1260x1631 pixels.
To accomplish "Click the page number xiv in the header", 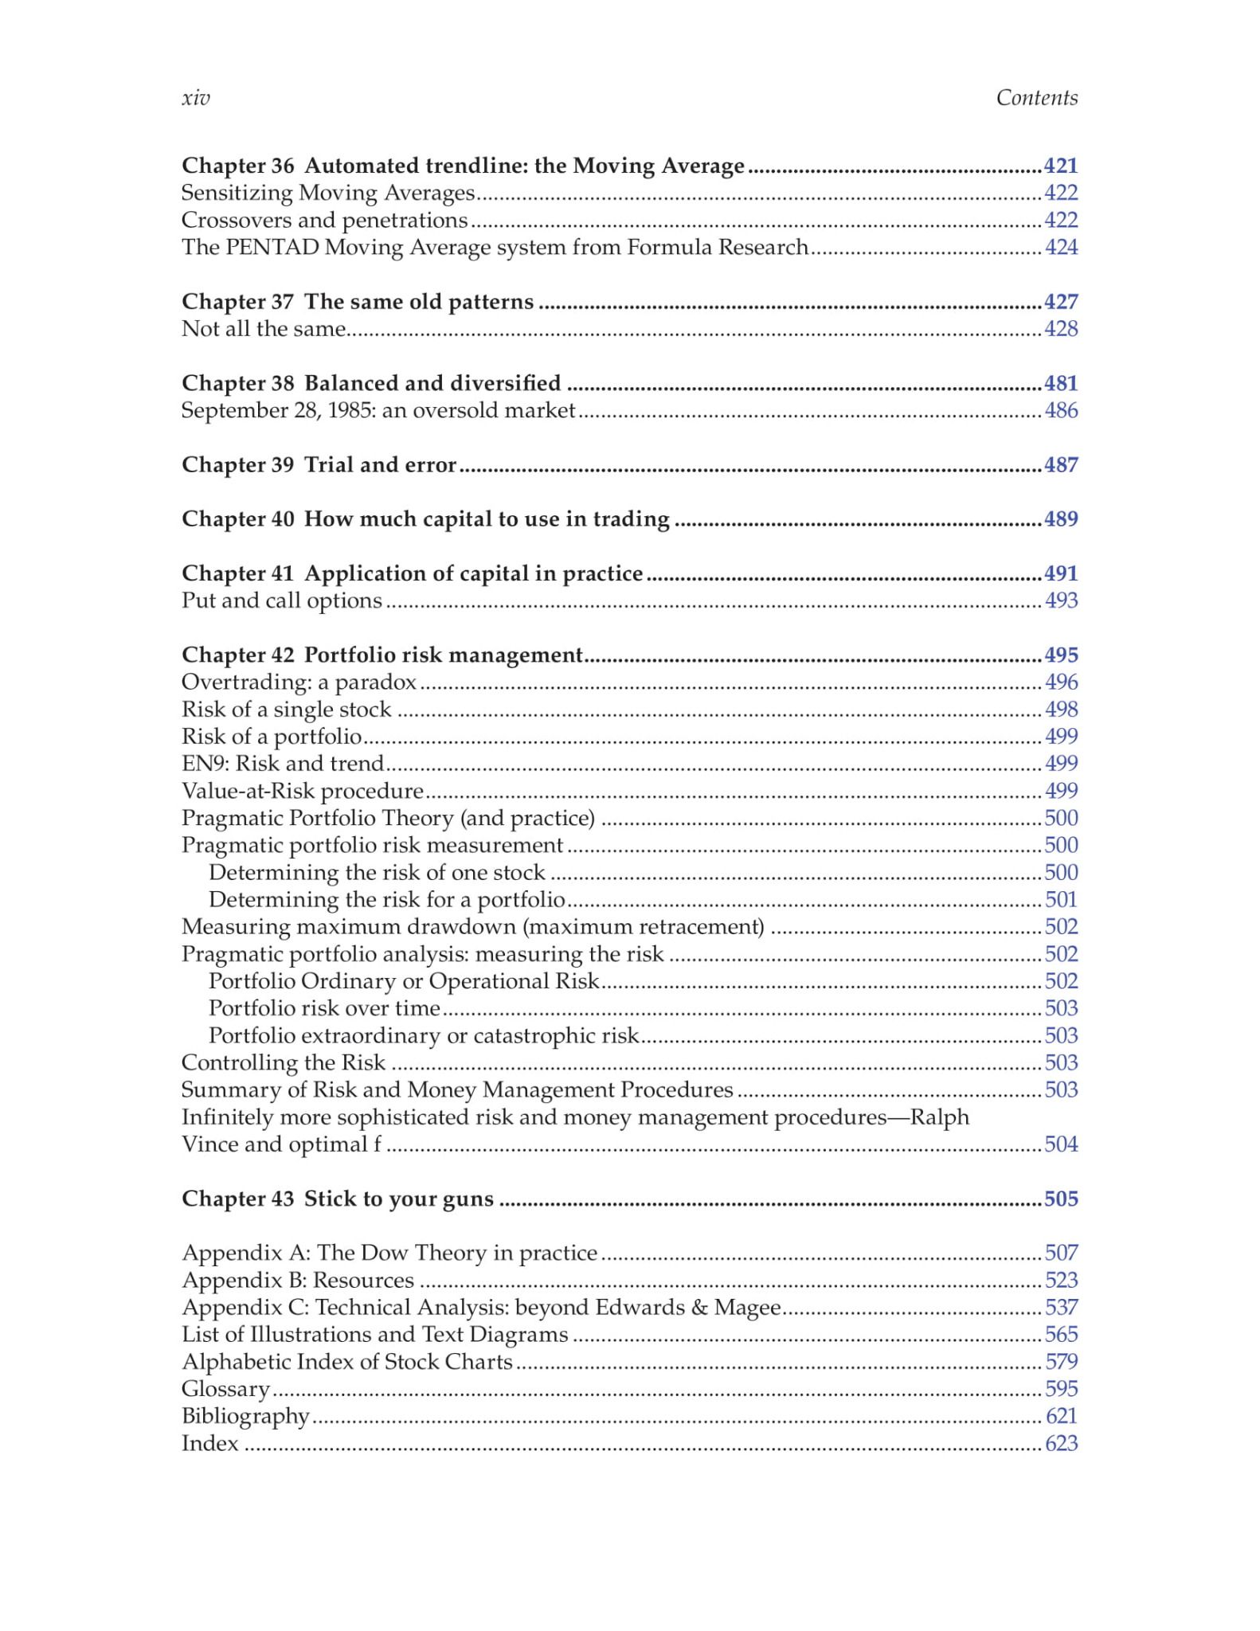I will (x=196, y=98).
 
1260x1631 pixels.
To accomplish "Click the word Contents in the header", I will (x=1036, y=98).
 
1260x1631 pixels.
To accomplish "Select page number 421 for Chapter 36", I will (x=1061, y=166).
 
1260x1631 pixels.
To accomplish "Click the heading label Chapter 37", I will (x=237, y=302).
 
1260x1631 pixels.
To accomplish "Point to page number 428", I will (x=1061, y=329).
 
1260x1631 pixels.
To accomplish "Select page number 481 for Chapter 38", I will (x=1061, y=383).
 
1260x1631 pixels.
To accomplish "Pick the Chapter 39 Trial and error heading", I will (x=319, y=465).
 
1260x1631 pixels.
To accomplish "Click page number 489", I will (x=1061, y=519).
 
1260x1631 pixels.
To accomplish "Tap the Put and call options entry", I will (x=281, y=600).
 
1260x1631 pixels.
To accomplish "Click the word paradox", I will (x=375, y=683).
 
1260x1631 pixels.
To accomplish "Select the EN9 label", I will (x=203, y=764).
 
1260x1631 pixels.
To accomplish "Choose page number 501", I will (x=1061, y=900).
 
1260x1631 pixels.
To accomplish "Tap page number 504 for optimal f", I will (x=1061, y=1144).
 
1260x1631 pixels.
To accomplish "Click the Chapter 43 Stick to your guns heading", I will (x=337, y=1199).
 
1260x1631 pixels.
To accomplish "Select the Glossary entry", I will (x=225, y=1390).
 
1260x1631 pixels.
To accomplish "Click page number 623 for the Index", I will (x=1061, y=1444).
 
